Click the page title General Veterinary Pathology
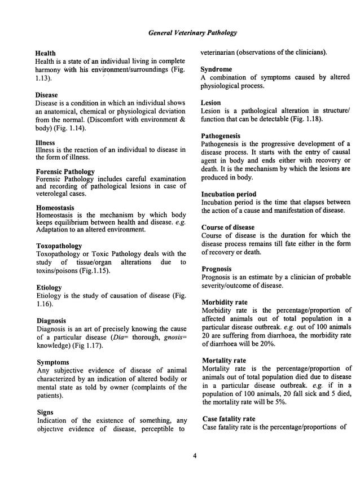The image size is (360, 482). [192, 33]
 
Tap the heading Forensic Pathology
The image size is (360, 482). [65, 172]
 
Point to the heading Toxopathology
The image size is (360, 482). [59, 246]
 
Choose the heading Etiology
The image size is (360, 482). [49, 287]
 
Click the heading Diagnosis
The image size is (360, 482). [52, 321]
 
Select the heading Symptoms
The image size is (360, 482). [52, 362]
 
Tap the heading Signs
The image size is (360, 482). [45, 412]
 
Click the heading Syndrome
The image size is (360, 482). [217, 69]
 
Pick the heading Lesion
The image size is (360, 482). [212, 103]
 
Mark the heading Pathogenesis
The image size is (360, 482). [221, 137]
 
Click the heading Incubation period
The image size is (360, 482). [229, 194]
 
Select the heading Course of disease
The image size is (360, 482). [227, 227]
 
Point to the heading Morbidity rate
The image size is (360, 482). [225, 303]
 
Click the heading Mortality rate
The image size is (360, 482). [223, 361]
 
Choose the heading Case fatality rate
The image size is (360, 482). [229, 419]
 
